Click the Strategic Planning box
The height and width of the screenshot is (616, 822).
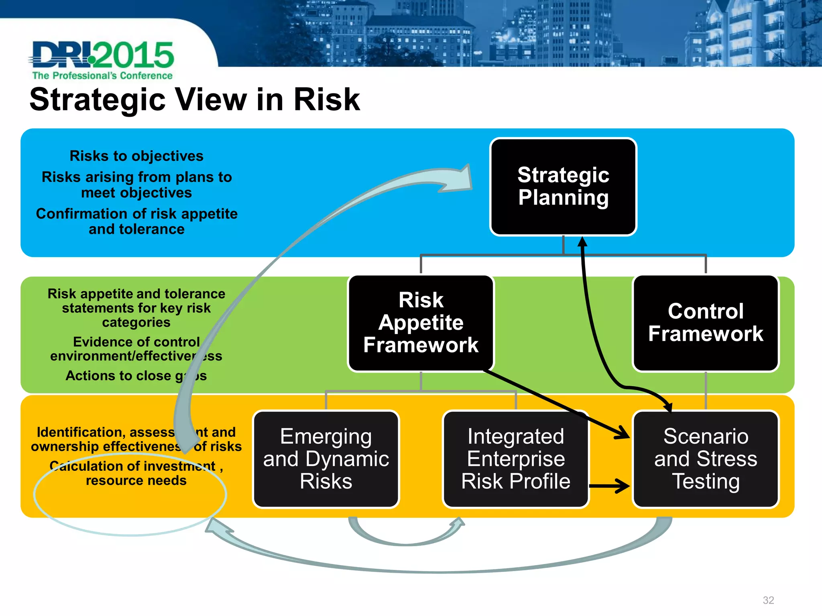(x=563, y=186)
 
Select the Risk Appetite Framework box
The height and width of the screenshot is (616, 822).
(x=421, y=323)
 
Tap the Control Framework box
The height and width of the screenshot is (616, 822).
(x=706, y=323)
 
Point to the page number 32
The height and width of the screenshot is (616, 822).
(x=768, y=600)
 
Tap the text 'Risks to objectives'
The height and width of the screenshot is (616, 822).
(x=136, y=156)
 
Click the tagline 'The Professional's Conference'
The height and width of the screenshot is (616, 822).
(x=102, y=75)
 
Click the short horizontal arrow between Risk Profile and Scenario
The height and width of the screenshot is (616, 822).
(x=610, y=486)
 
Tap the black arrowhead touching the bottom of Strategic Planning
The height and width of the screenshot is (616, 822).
(x=582, y=242)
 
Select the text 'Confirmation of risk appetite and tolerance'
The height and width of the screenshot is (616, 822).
(x=136, y=221)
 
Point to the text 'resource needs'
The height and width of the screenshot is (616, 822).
(x=136, y=480)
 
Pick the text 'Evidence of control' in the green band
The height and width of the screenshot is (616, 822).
(x=136, y=342)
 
